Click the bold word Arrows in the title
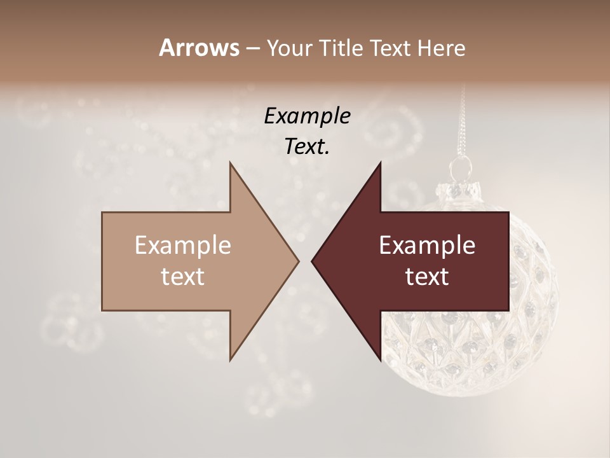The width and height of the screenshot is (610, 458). point(199,48)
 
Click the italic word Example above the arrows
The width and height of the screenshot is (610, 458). point(308,116)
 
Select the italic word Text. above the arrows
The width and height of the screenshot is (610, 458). point(308,147)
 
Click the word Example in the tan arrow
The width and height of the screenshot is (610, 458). point(183,246)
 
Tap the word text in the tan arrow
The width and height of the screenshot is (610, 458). point(183,277)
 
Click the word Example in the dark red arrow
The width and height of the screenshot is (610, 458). point(427,246)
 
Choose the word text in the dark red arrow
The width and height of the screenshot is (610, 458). point(427,277)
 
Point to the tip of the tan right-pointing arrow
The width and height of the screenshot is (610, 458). point(298,261)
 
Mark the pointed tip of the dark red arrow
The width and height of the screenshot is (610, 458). point(312,261)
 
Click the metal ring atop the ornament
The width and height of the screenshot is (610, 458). point(461,169)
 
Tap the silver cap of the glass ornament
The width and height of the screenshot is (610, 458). point(459,189)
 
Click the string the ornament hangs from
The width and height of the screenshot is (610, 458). point(463,121)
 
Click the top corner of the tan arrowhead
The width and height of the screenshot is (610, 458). point(230,163)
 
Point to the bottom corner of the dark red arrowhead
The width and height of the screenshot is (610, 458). point(380,360)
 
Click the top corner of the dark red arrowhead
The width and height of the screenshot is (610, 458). point(380,163)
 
